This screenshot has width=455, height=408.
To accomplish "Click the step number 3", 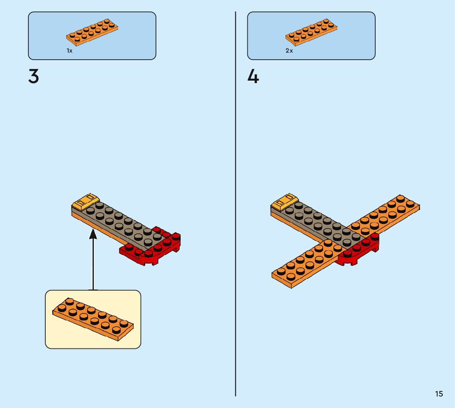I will tap(34, 76).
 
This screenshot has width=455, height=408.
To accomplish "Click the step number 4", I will tap(253, 76).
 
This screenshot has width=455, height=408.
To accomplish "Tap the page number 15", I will tap(439, 394).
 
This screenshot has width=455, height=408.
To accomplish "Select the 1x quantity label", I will tap(70, 51).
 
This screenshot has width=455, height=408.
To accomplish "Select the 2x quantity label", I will tap(289, 51).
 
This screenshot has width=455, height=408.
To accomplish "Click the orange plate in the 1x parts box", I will tap(92, 32).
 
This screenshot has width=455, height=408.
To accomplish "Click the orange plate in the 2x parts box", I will tap(311, 32).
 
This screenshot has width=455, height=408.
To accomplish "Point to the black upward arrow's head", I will tap(93, 234).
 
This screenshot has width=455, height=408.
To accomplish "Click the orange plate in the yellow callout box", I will tap(93, 319).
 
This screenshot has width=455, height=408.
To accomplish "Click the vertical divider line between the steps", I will tap(236, 206).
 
